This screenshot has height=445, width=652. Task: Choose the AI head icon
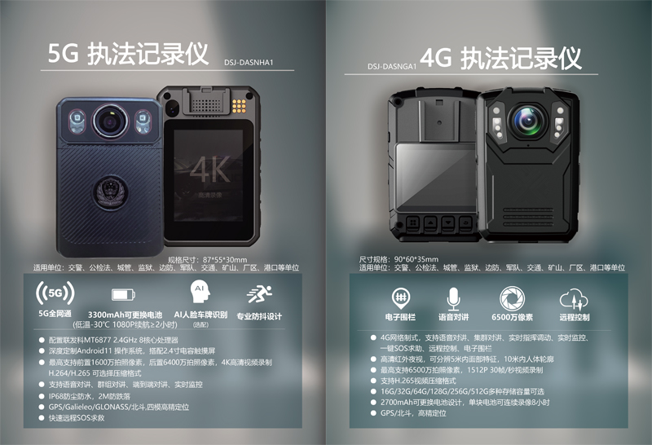tap(198, 291)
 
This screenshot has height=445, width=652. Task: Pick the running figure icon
tap(260, 293)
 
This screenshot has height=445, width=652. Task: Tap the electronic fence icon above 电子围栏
tap(400, 296)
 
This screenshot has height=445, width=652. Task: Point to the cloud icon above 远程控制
tap(572, 297)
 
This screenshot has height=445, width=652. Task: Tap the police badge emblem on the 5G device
tap(106, 193)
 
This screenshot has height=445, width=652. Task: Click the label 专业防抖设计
tap(259, 316)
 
